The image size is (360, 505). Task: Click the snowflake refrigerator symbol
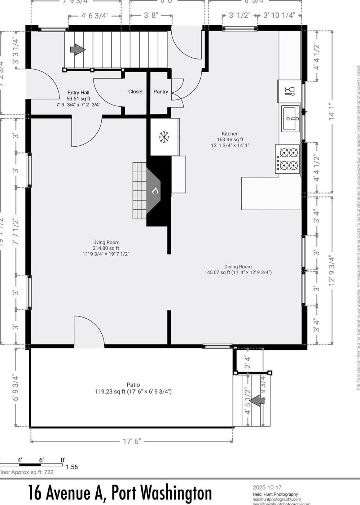[x=164, y=137]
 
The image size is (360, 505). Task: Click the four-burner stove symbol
[x=288, y=159]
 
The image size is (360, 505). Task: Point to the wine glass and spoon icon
[x=289, y=91]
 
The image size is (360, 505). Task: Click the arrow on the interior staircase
[x=78, y=49]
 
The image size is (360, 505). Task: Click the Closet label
[x=135, y=92]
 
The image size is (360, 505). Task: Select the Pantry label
[x=161, y=92]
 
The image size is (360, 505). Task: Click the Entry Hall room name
[x=78, y=93]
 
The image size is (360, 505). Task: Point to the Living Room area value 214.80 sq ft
[x=106, y=248]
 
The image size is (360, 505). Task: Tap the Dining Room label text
[x=238, y=267]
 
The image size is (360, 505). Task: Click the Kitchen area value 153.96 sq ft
[x=230, y=139]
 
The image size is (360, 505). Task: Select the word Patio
[x=133, y=385]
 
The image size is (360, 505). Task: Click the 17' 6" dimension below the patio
[x=132, y=441]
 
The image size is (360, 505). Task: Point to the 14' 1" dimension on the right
[x=331, y=112]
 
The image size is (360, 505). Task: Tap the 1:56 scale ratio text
[x=72, y=467]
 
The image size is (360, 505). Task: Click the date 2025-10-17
[x=267, y=487]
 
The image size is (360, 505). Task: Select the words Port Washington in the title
[x=162, y=493]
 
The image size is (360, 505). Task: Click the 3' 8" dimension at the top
[x=151, y=15]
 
